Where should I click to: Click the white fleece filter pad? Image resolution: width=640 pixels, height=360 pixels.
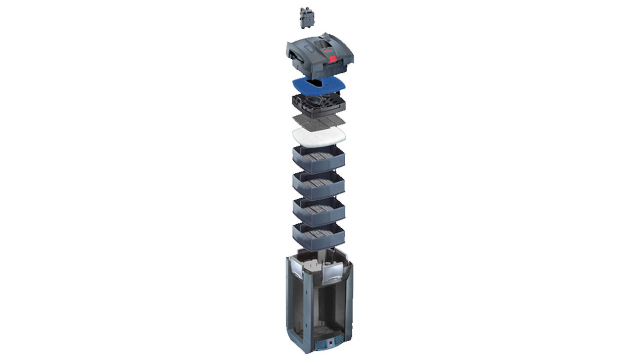(318, 135)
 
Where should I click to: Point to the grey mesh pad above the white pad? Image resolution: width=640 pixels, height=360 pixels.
(318, 120)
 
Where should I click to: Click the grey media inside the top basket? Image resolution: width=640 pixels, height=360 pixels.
(318, 156)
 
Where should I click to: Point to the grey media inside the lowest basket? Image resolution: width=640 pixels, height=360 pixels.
(318, 233)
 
